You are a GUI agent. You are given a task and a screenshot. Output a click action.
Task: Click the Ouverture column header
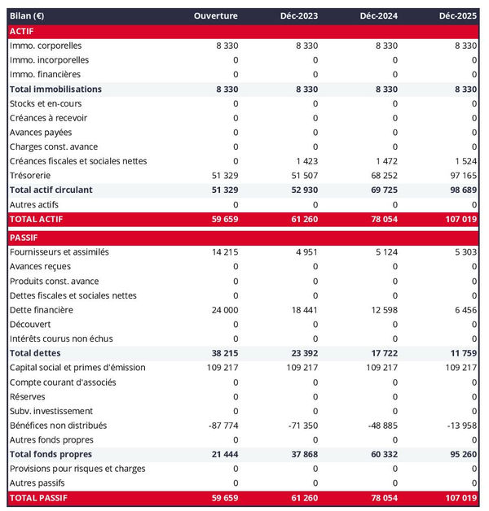tap(216, 16)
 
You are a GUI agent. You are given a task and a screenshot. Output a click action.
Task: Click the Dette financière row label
tap(42, 310)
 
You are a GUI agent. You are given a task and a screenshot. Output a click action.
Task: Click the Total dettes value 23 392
tap(302, 353)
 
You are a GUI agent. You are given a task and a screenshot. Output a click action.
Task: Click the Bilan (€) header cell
tap(28, 16)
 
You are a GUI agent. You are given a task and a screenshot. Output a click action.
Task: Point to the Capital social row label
tap(77, 368)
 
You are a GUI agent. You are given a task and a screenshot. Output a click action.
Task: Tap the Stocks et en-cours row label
tap(46, 103)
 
